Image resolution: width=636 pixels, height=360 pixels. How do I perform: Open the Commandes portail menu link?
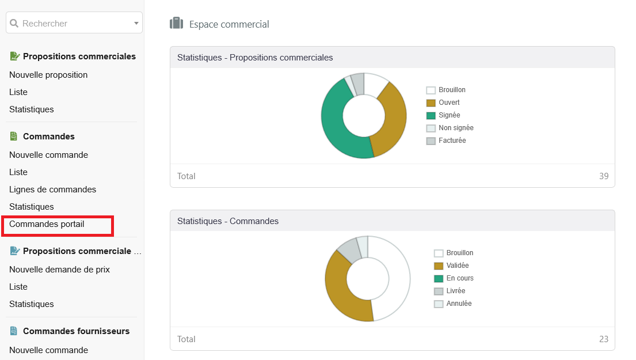pyautogui.click(x=47, y=224)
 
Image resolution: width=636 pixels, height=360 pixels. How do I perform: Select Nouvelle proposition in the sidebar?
pyautogui.click(x=48, y=75)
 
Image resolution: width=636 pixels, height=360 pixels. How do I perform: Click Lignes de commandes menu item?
pyautogui.click(x=52, y=190)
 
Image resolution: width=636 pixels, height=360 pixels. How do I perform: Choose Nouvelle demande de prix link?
pyautogui.click(x=59, y=270)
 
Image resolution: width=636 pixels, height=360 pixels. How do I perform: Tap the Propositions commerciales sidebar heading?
pyautogui.click(x=79, y=56)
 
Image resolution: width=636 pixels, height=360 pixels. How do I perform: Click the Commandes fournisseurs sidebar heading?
pyautogui.click(x=76, y=331)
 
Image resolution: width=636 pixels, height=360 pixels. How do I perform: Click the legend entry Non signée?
pyautogui.click(x=455, y=128)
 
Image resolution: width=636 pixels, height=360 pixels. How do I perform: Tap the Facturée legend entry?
pyautogui.click(x=452, y=141)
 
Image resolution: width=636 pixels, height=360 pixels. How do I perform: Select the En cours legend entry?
pyautogui.click(x=459, y=278)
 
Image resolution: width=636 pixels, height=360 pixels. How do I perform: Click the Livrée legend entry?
pyautogui.click(x=455, y=291)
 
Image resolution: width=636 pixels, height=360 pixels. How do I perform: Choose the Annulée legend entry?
pyautogui.click(x=459, y=304)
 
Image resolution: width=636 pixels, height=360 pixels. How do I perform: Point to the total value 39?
pyautogui.click(x=603, y=176)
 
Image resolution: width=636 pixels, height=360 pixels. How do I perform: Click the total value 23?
pyautogui.click(x=603, y=339)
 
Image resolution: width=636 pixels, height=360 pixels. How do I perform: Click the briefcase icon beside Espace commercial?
pyautogui.click(x=176, y=24)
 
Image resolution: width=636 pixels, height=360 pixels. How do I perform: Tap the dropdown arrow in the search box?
pyautogui.click(x=136, y=24)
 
